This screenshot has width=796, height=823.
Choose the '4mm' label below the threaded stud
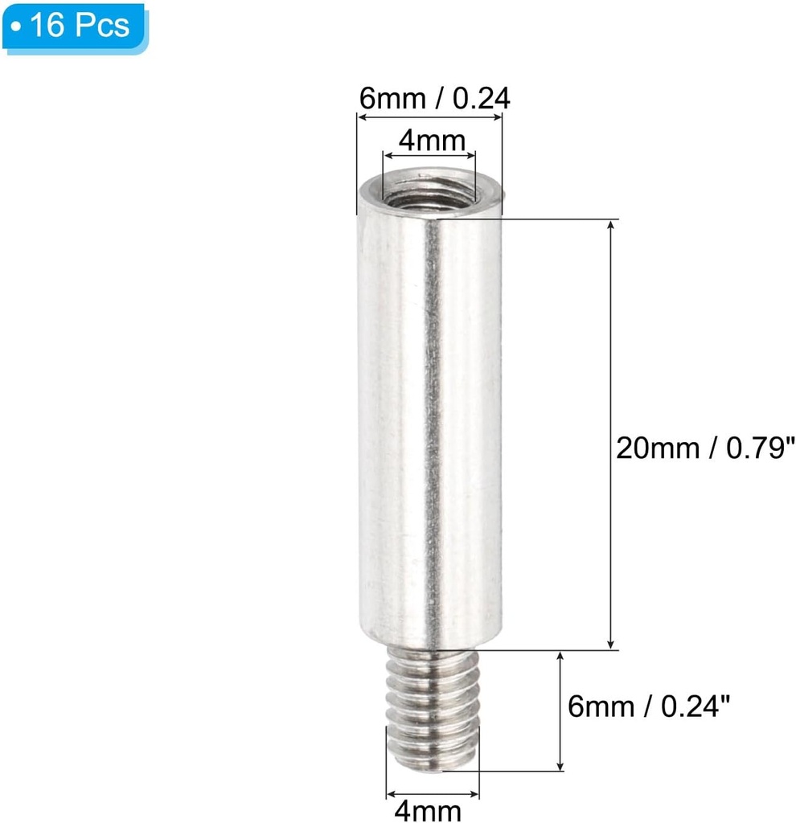[432, 809]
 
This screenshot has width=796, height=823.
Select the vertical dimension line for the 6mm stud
[560, 711]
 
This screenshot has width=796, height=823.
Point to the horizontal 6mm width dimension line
[429, 118]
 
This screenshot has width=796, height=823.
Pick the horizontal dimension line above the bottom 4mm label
[433, 791]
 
